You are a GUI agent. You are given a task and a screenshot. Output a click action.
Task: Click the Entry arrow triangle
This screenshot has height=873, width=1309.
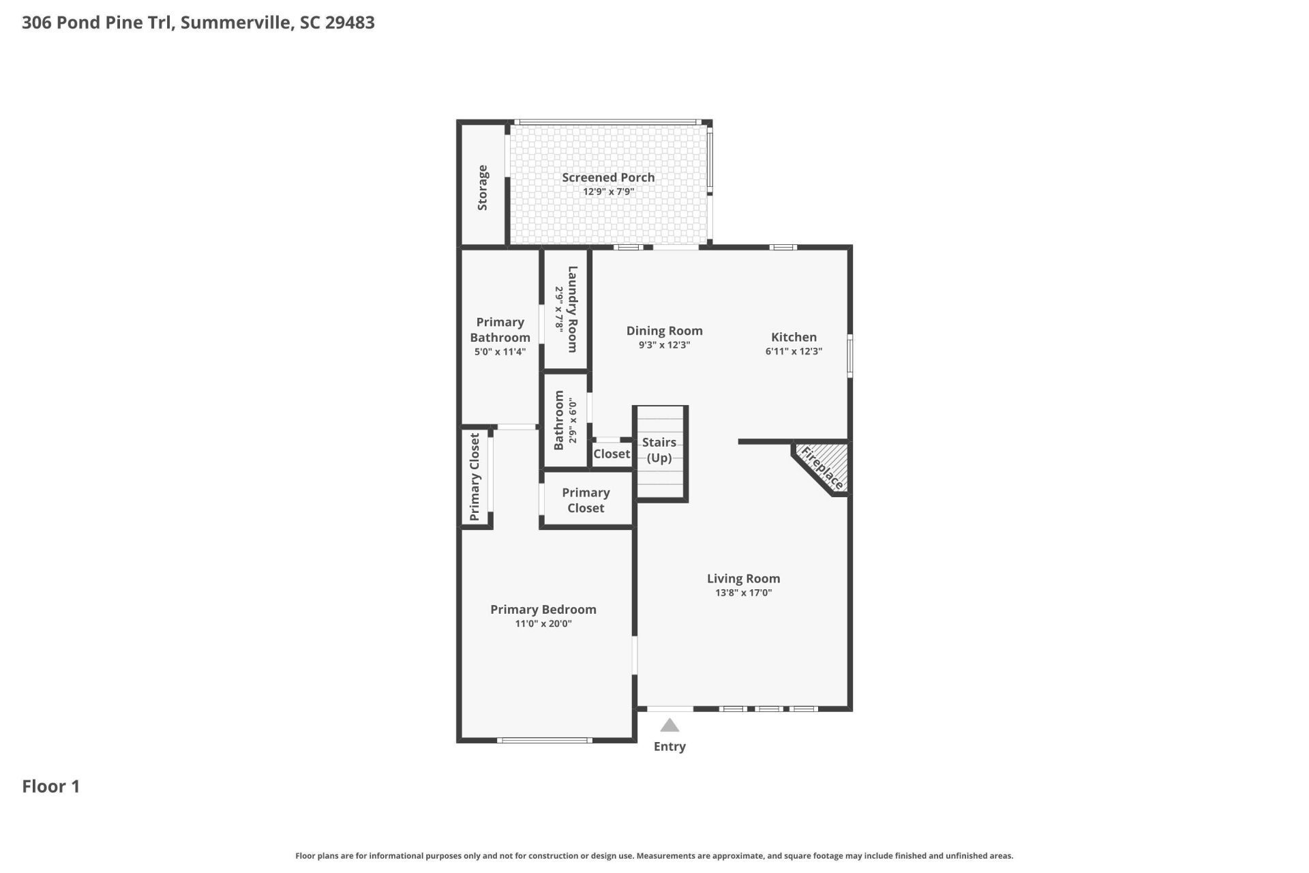pos(669,725)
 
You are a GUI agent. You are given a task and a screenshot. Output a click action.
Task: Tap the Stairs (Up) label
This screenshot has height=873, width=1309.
pos(659,450)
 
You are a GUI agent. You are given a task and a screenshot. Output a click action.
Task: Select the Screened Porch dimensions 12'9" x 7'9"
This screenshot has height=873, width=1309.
pos(608,192)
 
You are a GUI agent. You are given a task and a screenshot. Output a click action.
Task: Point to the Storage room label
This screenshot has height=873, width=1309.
pos(483,188)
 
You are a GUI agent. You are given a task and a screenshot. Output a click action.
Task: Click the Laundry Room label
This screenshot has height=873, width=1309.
pos(573,309)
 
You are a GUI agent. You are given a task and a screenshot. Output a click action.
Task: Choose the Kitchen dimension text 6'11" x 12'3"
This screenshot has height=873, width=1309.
pos(794,352)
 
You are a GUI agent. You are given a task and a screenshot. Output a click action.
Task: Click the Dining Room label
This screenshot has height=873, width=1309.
pos(664,331)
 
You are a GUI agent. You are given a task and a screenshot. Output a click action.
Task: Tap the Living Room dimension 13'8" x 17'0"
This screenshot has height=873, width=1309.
pos(743,593)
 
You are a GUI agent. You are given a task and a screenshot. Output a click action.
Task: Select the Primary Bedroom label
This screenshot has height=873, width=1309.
pos(543,609)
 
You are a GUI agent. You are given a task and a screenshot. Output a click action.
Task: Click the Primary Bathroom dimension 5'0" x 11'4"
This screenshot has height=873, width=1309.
pos(500,353)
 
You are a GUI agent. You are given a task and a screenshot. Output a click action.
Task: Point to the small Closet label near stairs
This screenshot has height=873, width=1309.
pos(612,454)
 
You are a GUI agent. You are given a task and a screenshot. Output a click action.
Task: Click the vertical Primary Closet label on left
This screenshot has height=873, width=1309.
pos(475,477)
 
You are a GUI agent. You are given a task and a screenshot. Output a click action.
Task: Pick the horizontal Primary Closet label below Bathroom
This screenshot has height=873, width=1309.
pos(586,500)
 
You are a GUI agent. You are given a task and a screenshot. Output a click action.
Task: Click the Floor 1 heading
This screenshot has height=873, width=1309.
pos(51,786)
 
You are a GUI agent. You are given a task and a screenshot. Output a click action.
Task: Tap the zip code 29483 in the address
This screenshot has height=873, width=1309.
pos(350,23)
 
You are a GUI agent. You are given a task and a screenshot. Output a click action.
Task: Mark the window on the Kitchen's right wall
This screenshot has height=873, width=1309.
pos(849,355)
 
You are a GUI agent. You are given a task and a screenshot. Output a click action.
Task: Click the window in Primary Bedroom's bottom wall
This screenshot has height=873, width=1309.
pos(544,740)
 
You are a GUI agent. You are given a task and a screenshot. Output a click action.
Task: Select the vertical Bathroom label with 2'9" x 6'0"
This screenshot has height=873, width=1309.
pos(559,420)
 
